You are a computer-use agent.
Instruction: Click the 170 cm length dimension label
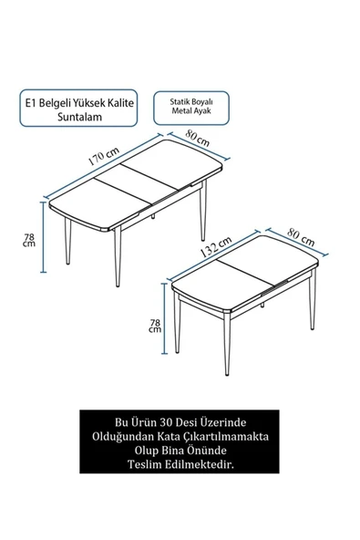point(104,156)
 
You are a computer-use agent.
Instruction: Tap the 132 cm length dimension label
point(216,247)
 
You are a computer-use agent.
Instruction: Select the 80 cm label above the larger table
point(198,138)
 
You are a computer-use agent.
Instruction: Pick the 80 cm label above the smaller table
point(301,237)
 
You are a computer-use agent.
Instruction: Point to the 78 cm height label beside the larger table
point(29,240)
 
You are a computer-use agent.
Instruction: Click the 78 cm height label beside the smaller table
point(155,326)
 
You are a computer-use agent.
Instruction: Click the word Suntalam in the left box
point(79,117)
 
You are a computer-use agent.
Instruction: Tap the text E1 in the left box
point(30,103)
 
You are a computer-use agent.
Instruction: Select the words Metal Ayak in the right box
point(191,111)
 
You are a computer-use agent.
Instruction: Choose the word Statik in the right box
point(180,102)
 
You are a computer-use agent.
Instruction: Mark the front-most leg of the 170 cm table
point(118,256)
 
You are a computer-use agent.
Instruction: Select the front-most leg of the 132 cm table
point(227,344)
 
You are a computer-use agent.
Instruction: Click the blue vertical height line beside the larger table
point(44,237)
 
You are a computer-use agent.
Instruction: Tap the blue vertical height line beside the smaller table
point(165,318)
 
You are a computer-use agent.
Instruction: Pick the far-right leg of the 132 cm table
point(313,299)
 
